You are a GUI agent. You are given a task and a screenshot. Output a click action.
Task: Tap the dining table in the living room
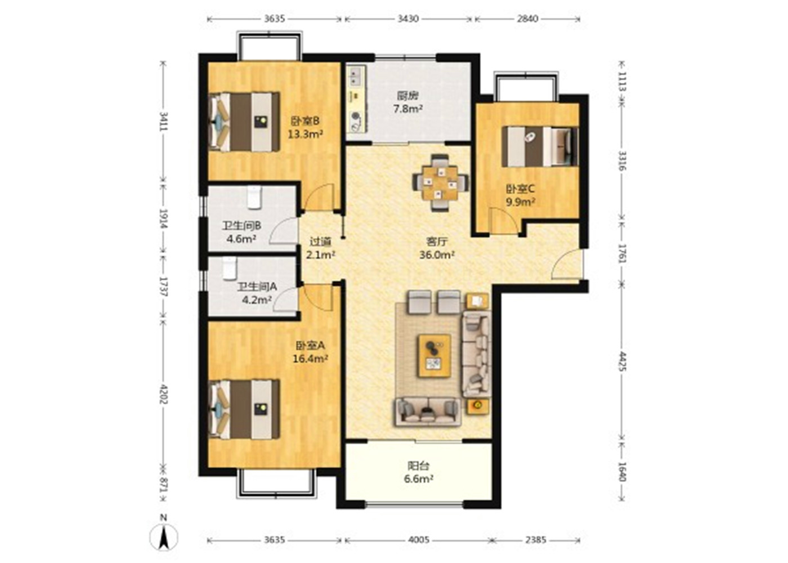click(x=440, y=183)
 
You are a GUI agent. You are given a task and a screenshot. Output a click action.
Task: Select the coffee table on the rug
click(x=435, y=356)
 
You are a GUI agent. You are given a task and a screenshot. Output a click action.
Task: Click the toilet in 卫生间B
click(x=254, y=198)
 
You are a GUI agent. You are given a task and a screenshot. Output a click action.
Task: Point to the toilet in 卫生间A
click(x=230, y=269)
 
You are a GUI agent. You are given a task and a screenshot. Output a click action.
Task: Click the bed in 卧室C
click(x=540, y=146)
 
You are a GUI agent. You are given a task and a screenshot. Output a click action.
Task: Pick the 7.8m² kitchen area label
click(x=408, y=109)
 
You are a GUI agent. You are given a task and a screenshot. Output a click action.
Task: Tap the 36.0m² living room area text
click(x=437, y=254)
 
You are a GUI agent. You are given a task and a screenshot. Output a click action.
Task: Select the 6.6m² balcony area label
click(x=418, y=479)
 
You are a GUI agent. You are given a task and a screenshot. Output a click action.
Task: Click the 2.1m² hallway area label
click(x=320, y=254)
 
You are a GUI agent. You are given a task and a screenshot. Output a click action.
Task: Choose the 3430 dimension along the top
click(x=408, y=19)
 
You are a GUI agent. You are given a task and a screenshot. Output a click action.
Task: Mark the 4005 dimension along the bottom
click(x=420, y=539)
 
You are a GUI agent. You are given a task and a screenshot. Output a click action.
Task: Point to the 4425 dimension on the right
click(x=623, y=361)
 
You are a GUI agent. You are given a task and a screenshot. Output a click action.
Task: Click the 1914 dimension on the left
click(x=164, y=218)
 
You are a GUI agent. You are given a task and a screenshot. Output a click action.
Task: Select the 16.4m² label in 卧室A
click(x=311, y=359)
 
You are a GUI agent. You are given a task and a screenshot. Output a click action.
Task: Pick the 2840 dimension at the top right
click(x=527, y=19)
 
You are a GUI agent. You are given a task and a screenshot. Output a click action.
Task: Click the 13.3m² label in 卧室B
click(x=305, y=134)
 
